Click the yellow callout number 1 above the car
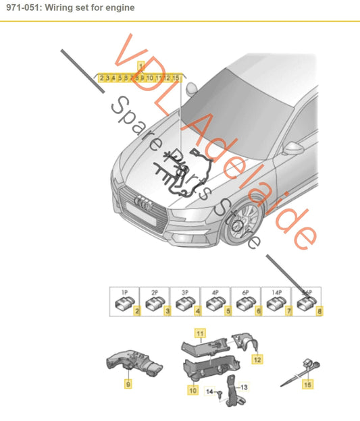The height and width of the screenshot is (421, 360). point(141,66)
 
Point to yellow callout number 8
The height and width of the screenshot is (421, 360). point(320,311)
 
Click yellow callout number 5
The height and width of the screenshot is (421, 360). point(228,311)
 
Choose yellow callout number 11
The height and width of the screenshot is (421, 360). point(199,333)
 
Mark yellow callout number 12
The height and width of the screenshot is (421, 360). point(257,360)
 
